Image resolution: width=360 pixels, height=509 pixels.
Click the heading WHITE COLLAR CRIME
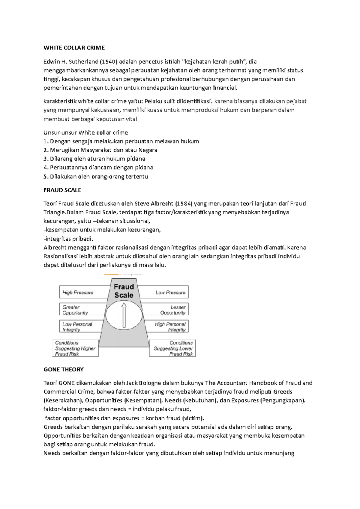(x=74, y=48)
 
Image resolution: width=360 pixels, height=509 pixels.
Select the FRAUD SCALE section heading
(x=62, y=190)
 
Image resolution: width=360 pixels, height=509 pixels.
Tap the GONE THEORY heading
(x=64, y=369)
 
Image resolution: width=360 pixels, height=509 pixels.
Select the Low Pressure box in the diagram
(x=170, y=292)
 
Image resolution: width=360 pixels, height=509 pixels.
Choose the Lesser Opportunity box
(x=173, y=310)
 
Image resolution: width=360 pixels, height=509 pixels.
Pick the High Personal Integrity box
(x=170, y=327)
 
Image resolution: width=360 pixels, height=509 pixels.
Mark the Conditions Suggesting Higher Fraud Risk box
(x=75, y=348)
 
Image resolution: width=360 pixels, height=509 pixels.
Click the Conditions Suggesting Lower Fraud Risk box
(x=173, y=348)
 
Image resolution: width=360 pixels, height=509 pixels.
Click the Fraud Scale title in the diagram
(x=124, y=291)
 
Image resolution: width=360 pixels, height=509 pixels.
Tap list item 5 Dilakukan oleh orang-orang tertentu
(x=96, y=176)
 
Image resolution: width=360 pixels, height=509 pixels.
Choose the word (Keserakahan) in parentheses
(x=64, y=400)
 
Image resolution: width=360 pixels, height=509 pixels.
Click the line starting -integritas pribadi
(x=68, y=239)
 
